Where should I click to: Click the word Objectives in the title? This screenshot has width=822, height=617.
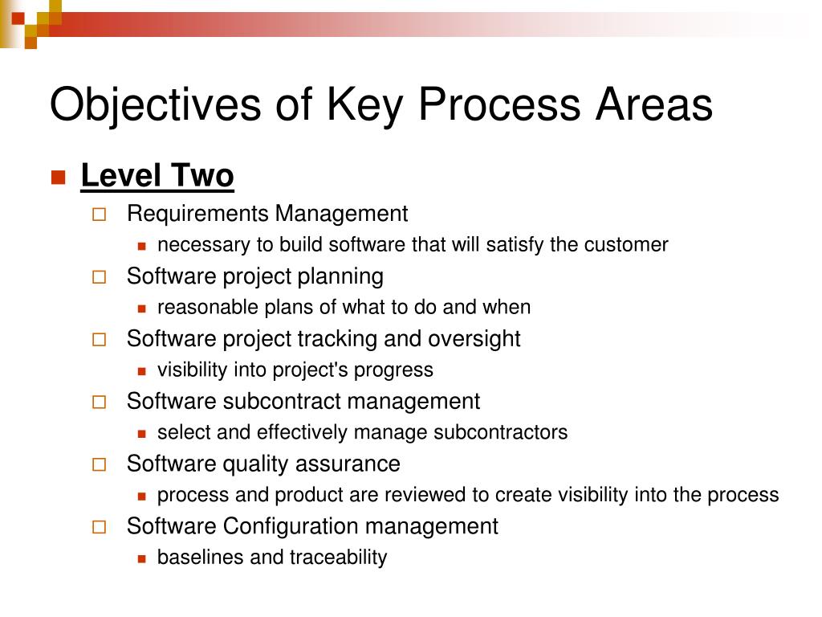click(155, 105)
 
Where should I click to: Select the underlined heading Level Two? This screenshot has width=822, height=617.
click(157, 175)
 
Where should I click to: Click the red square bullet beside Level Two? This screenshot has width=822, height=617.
click(58, 178)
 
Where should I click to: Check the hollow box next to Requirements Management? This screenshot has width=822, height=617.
click(99, 215)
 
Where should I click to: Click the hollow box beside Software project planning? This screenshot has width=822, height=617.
click(99, 277)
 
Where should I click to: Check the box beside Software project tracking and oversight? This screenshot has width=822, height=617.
click(99, 340)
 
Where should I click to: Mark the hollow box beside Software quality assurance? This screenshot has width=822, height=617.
click(99, 464)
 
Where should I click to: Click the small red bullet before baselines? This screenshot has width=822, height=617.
click(141, 559)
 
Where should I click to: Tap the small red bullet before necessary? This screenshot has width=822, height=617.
click(141, 246)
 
